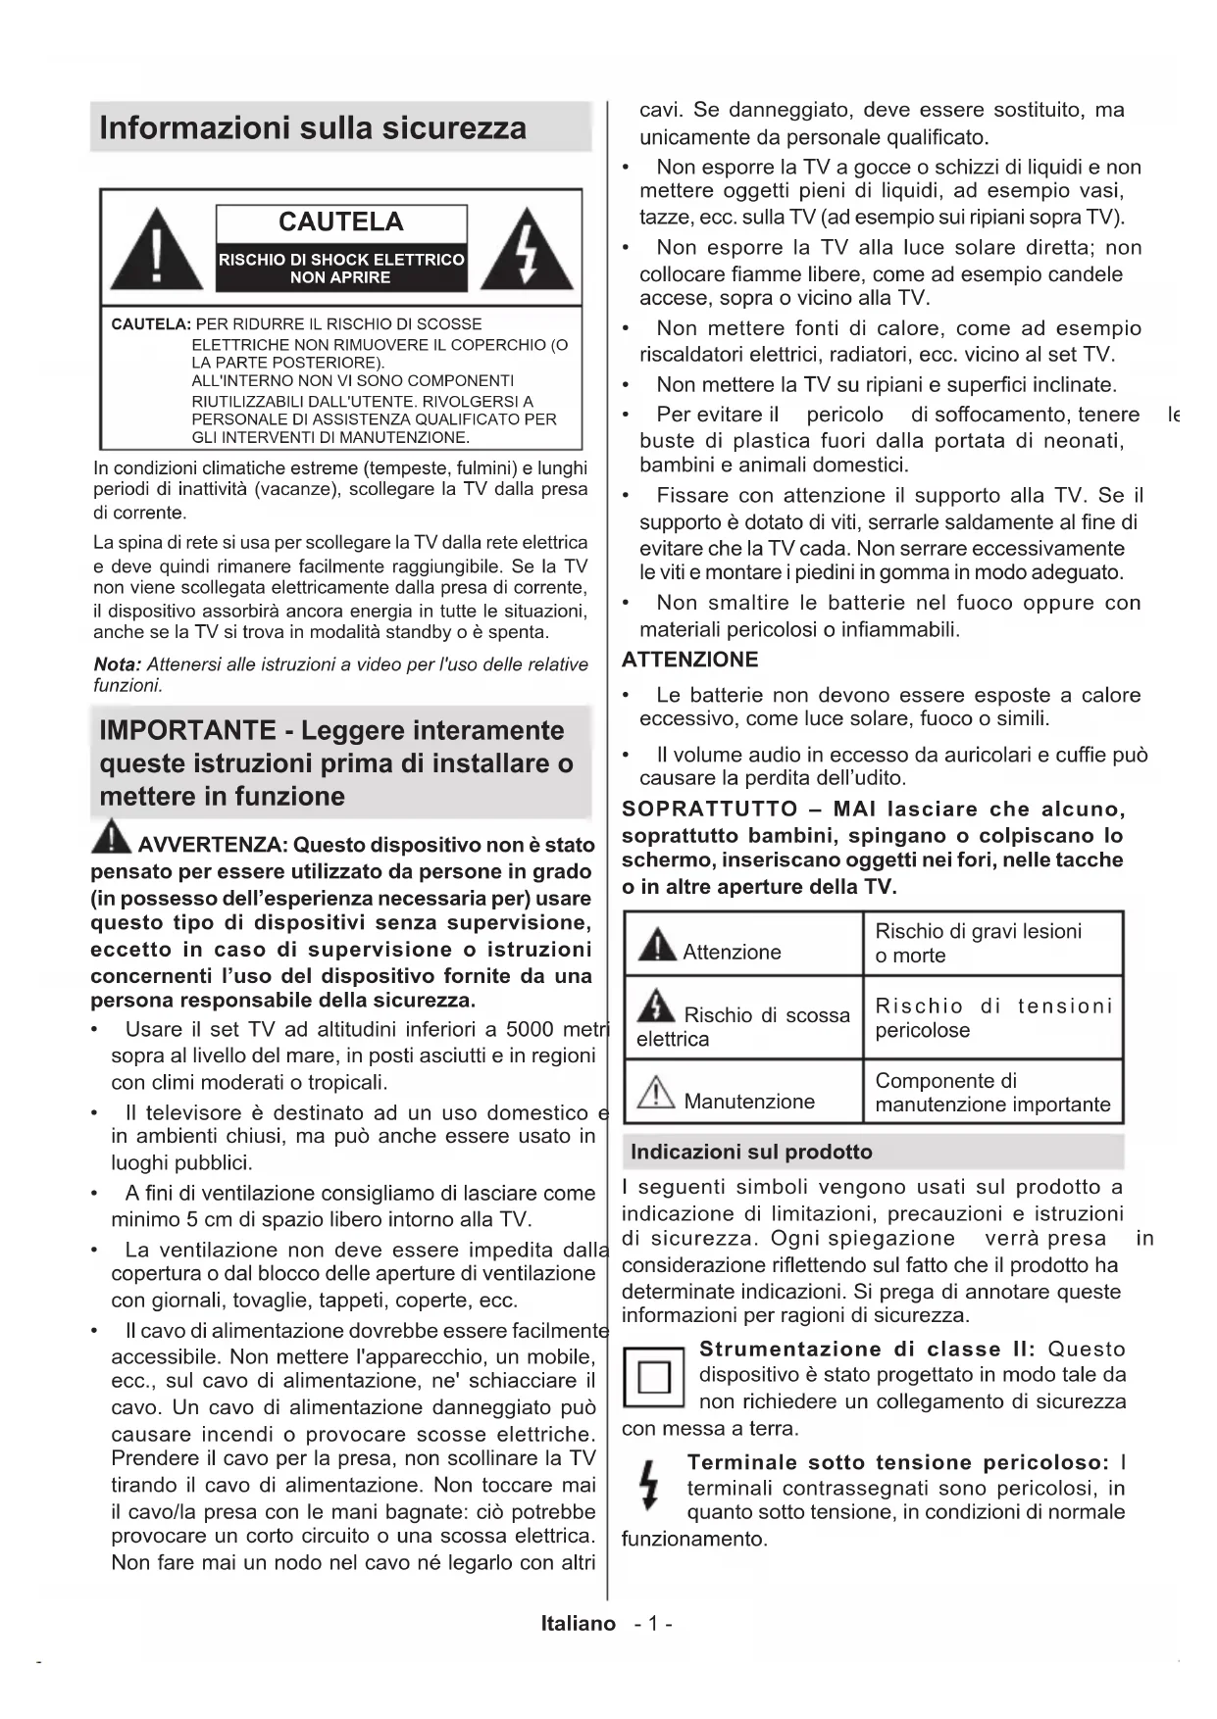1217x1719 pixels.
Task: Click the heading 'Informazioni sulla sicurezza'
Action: click(x=313, y=128)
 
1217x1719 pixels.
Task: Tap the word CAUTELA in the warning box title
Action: click(x=340, y=222)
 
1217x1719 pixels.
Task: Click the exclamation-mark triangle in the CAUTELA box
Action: click(x=157, y=251)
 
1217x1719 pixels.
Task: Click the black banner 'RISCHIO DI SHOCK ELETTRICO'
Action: click(x=340, y=269)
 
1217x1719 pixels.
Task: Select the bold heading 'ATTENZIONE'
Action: click(x=689, y=660)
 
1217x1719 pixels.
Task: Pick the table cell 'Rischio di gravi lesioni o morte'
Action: click(x=990, y=943)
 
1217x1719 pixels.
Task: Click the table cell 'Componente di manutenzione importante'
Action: click(x=992, y=1092)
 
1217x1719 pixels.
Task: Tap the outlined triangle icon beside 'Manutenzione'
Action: click(x=656, y=1092)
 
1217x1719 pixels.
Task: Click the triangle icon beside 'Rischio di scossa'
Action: click(x=655, y=1006)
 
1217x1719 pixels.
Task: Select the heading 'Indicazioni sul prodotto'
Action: click(x=751, y=1152)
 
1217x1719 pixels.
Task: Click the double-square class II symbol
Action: click(x=653, y=1378)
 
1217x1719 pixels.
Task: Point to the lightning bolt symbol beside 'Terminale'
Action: click(x=646, y=1486)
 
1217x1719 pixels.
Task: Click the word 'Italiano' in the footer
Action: click(x=578, y=1623)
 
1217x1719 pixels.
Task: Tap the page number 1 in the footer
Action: click(x=652, y=1623)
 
